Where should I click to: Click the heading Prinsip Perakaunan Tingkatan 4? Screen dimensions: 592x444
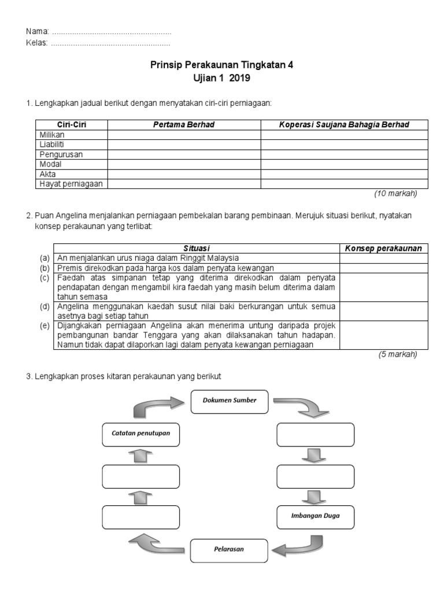pyautogui.click(x=222, y=65)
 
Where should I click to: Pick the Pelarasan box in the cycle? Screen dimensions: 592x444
pyautogui.click(x=230, y=550)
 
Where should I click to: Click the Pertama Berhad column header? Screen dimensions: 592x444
pyautogui.click(x=184, y=124)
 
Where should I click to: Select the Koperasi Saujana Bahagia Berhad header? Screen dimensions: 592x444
pyautogui.click(x=344, y=124)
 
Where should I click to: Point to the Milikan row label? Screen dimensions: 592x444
pyautogui.click(x=52, y=134)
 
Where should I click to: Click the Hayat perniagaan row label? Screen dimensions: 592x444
pyautogui.click(x=71, y=184)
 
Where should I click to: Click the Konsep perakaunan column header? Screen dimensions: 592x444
pyautogui.click(x=383, y=248)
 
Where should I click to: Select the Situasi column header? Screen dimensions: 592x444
pyautogui.click(x=197, y=248)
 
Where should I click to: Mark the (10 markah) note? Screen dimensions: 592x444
pyautogui.click(x=396, y=194)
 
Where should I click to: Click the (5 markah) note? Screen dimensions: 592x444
pyautogui.click(x=398, y=355)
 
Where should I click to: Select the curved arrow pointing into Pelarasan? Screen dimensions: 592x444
pyautogui.click(x=296, y=546)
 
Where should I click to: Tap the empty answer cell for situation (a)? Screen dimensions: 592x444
pyautogui.click(x=383, y=258)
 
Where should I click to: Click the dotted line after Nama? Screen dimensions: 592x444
pyautogui.click(x=112, y=32)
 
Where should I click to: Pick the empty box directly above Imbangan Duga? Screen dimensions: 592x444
pyautogui.click(x=315, y=476)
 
